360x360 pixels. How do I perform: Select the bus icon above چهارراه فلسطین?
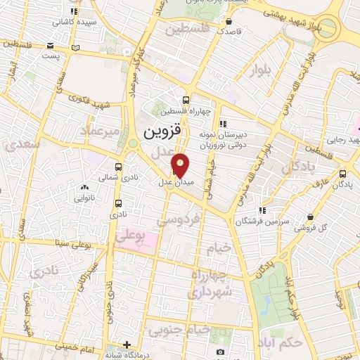185,100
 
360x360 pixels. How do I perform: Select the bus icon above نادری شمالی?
117,167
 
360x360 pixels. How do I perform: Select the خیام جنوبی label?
182,329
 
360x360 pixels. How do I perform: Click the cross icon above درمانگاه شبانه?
127,345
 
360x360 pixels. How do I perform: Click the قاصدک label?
228,32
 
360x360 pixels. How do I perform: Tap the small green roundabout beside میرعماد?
132,143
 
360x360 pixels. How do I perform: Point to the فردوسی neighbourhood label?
179,220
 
